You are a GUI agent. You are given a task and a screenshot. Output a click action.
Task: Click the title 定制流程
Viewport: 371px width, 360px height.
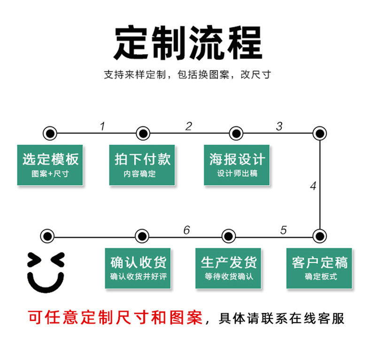187,43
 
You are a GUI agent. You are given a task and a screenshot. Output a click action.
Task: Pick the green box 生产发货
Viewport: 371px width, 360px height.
229,268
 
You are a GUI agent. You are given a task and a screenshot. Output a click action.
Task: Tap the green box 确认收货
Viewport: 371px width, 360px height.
138,268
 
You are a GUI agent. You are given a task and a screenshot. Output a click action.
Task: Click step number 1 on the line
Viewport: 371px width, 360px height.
102,126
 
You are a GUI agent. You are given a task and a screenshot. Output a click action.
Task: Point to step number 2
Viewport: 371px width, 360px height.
189,126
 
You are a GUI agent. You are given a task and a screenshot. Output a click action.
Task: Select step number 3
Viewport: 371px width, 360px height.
279,126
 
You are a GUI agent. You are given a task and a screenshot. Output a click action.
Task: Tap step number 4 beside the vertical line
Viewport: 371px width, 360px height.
313,186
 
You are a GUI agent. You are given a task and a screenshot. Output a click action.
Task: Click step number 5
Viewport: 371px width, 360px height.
283,230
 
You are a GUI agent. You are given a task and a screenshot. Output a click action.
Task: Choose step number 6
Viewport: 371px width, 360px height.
186,230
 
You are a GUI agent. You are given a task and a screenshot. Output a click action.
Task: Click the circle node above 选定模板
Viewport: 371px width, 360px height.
49,133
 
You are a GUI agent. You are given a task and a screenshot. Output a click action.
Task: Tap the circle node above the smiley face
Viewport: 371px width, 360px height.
47,235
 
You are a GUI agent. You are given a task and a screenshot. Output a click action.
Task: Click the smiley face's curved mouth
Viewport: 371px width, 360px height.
46,282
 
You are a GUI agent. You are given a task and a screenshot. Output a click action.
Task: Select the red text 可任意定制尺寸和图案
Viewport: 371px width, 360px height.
116,318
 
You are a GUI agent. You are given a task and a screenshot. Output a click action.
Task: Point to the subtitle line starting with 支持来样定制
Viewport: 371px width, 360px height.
187,75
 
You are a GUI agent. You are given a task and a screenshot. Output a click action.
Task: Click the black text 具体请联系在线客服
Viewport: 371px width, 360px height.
282,318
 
